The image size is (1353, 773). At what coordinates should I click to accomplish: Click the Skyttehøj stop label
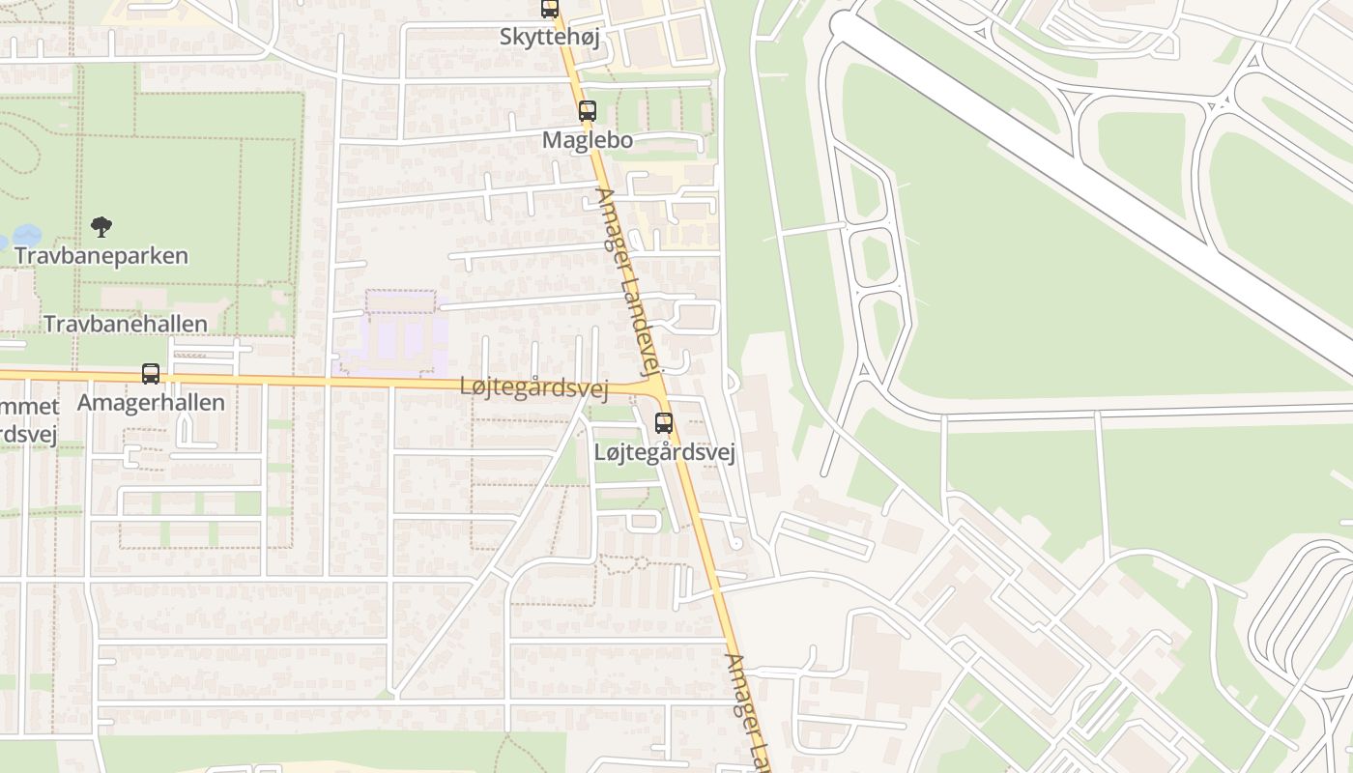pyautogui.click(x=550, y=37)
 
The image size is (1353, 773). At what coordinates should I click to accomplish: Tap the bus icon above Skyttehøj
pyautogui.click(x=550, y=9)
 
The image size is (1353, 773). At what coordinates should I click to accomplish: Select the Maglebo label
pyautogui.click(x=587, y=140)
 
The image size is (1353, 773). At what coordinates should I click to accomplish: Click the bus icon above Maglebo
pyautogui.click(x=587, y=111)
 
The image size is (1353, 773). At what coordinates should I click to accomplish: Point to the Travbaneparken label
pyautogui.click(x=101, y=256)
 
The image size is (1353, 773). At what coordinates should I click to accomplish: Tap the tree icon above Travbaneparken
pyautogui.click(x=101, y=227)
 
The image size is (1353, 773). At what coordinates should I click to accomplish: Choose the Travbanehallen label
pyautogui.click(x=126, y=324)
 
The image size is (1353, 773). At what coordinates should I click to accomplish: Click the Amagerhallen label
pyautogui.click(x=152, y=402)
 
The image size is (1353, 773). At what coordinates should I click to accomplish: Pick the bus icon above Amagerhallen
pyautogui.click(x=151, y=374)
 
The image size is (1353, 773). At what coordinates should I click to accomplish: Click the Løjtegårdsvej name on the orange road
pyautogui.click(x=533, y=388)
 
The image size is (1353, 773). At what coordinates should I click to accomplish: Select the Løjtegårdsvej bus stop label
pyautogui.click(x=665, y=452)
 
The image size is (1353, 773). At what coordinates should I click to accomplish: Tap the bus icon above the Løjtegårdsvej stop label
pyautogui.click(x=664, y=422)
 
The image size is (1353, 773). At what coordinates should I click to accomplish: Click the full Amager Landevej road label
pyautogui.click(x=628, y=280)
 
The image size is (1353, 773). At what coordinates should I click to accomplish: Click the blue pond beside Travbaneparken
pyautogui.click(x=26, y=235)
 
